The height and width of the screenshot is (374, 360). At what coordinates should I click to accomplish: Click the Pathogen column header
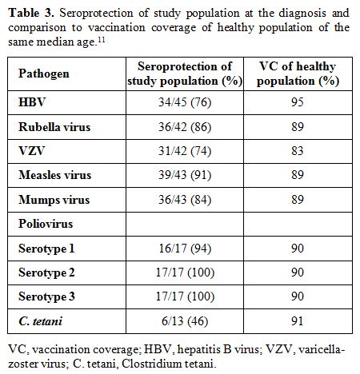(44, 74)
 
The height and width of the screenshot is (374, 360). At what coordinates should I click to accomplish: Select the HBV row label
(32, 102)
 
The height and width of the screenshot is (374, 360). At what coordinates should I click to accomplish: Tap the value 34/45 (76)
(185, 102)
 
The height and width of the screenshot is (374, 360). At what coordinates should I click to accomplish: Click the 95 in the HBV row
(298, 102)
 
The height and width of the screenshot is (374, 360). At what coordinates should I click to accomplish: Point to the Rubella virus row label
(54, 127)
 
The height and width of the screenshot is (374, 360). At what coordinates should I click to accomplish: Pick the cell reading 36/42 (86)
(185, 127)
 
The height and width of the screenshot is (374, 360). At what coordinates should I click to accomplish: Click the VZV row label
(31, 151)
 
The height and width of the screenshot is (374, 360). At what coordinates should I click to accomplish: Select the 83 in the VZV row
(298, 151)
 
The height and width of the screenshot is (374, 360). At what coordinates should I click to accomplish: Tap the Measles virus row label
(55, 175)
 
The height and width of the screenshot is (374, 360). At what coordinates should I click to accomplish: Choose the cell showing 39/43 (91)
(185, 175)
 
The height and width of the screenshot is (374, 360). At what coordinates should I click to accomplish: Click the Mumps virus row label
(54, 200)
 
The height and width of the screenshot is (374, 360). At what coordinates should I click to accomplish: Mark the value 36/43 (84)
(185, 200)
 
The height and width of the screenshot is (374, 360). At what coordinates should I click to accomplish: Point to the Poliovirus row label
(46, 224)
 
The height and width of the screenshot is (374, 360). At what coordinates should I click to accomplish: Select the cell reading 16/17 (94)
(185, 249)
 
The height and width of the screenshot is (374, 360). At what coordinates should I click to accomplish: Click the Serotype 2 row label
(46, 273)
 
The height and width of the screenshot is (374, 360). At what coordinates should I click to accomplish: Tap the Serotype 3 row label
(46, 296)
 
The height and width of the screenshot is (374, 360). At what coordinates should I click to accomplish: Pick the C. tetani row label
(41, 321)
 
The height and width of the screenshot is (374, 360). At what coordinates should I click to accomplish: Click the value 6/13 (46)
(185, 321)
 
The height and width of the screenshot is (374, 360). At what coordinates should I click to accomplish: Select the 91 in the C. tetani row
(298, 321)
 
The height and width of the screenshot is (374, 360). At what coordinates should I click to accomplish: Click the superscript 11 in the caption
(102, 40)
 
